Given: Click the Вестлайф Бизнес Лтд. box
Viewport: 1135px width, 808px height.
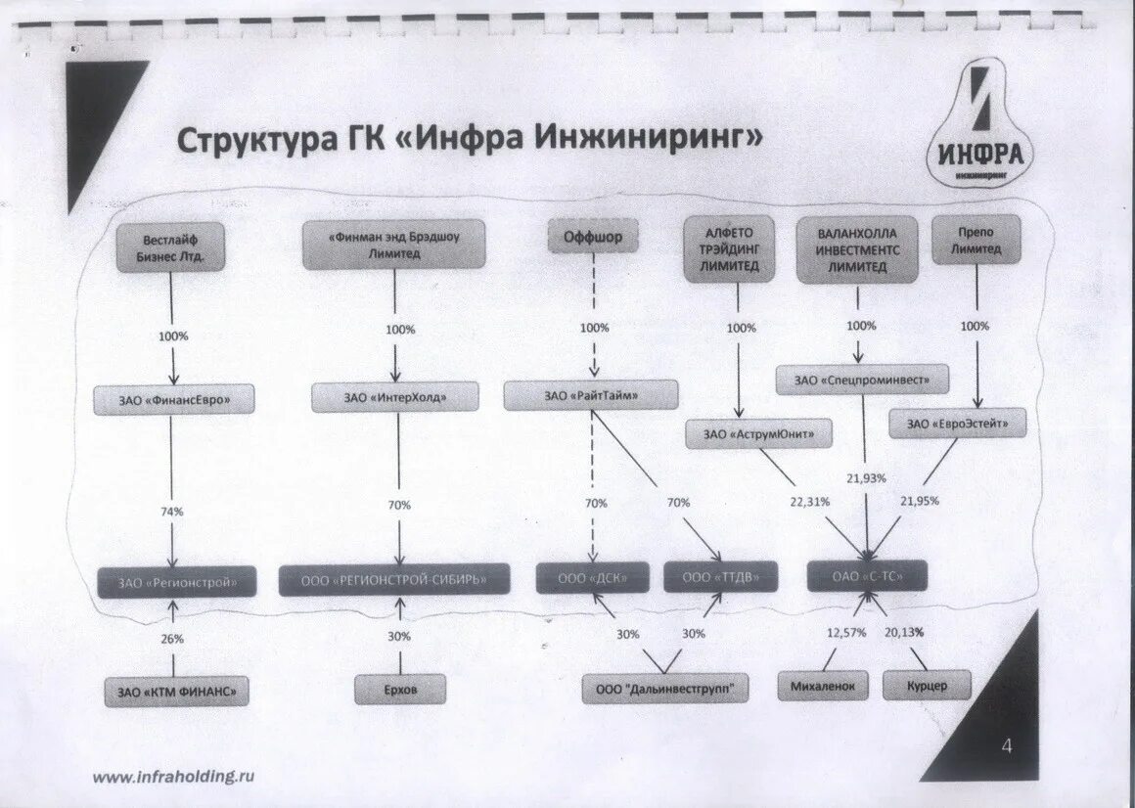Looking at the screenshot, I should pos(170,247).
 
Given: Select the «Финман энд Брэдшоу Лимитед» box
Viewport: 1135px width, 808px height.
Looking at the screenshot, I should pos(394,245).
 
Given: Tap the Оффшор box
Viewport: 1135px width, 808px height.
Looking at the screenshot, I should pos(592,237).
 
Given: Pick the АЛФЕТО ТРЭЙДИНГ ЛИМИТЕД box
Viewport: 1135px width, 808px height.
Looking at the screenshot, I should pos(729,248).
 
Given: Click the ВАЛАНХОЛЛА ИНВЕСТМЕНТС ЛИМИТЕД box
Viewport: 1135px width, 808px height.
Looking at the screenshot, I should pos(859,249).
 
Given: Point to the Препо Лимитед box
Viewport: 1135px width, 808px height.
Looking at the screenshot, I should pos(976,240).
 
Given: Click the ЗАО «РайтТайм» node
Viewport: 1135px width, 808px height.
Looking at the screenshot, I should pos(591,395).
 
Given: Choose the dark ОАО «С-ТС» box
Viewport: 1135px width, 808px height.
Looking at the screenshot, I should pos(867,577).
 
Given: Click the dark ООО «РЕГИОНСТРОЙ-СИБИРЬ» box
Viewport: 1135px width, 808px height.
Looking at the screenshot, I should pos(394,579).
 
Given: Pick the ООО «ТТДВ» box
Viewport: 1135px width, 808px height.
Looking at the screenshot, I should pos(720,577).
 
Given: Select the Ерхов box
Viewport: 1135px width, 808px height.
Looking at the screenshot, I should pos(400,689).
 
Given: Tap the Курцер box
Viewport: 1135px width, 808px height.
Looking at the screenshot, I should pos(927,685).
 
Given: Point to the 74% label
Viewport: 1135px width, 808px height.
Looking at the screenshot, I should pos(171,511).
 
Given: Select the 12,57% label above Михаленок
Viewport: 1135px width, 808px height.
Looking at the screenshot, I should pos(846,632).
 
